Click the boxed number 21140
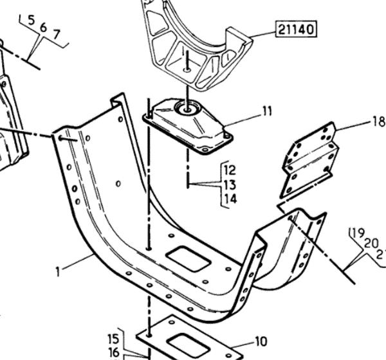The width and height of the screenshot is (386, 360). tap(297, 29)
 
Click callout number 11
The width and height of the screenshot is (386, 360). tap(266, 112)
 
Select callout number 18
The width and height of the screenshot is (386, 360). tap(378, 121)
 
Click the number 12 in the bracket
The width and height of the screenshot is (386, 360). tap(230, 170)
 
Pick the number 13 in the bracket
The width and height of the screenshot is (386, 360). tap(230, 185)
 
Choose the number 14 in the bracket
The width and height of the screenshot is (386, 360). tap(230, 199)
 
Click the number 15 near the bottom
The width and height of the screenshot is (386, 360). tap(113, 339)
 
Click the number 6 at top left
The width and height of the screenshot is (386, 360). tap(44, 27)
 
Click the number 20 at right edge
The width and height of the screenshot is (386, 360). tap(369, 242)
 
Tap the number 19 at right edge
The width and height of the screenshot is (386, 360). tap(354, 233)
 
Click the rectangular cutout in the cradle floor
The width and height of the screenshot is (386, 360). tap(187, 260)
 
